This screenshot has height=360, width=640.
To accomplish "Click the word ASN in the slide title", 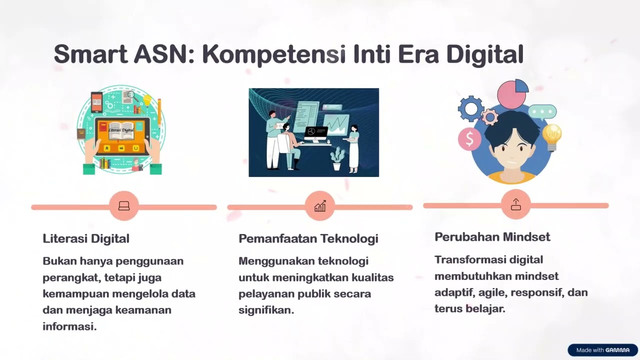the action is pyautogui.click(x=164, y=54).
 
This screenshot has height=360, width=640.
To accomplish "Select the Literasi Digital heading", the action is pyautogui.click(x=86, y=238).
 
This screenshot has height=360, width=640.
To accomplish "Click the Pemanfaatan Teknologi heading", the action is pyautogui.click(x=308, y=238).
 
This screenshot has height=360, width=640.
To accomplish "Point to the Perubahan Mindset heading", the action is pyautogui.click(x=492, y=237).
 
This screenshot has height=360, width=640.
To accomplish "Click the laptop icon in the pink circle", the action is pyautogui.click(x=124, y=205).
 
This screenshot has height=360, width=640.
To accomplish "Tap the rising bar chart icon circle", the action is pyautogui.click(x=319, y=205).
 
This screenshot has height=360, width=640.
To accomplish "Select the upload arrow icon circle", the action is pyautogui.click(x=515, y=204).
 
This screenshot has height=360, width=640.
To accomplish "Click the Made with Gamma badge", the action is pyautogui.click(x=602, y=350).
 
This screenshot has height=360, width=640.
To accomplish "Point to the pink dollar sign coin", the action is pyautogui.click(x=469, y=138).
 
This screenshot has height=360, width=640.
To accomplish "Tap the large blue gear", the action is pyautogui.click(x=470, y=108).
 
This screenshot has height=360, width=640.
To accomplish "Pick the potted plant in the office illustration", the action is pyautogui.click(x=337, y=158).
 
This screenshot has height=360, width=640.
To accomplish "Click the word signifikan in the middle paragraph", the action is pyautogui.click(x=266, y=310).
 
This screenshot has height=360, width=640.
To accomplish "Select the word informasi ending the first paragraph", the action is pyautogui.click(x=69, y=326).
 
